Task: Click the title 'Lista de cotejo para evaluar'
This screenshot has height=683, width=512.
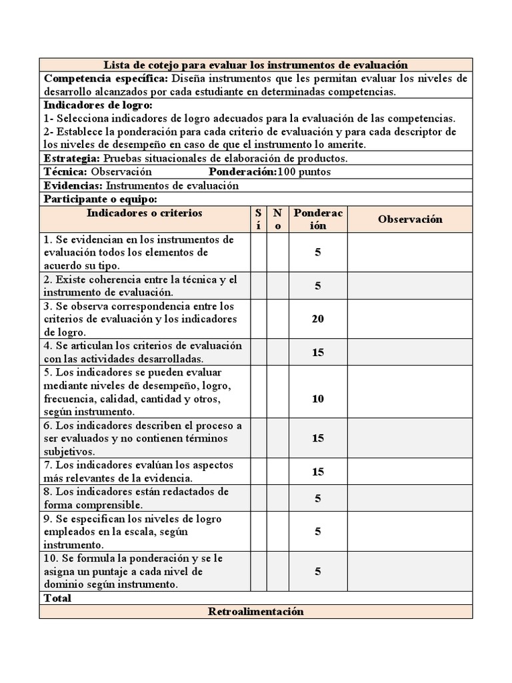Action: coord(255,65)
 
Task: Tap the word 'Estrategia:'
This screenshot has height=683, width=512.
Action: coord(71,159)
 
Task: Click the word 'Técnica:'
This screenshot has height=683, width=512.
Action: coord(65,172)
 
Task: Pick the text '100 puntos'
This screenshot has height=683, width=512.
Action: coord(304,172)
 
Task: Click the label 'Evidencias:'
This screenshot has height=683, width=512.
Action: coord(73,185)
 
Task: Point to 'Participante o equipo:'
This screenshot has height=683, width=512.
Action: coord(100,199)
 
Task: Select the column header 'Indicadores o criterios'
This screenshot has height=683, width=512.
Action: coord(144,213)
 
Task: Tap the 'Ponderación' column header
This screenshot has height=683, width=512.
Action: coord(318,219)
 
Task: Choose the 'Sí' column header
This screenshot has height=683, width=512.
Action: coord(258,219)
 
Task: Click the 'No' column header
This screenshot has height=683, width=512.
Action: coord(277,219)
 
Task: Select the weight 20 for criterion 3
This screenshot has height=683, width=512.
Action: coord(318,319)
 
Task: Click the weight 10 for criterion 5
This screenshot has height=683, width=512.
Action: coord(318,399)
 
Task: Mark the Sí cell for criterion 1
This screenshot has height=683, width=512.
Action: coord(258,253)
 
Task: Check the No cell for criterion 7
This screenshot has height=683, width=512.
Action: coord(277,472)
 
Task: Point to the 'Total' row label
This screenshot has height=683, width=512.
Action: coord(57,598)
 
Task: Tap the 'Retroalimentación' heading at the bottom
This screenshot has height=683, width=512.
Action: coord(255,612)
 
